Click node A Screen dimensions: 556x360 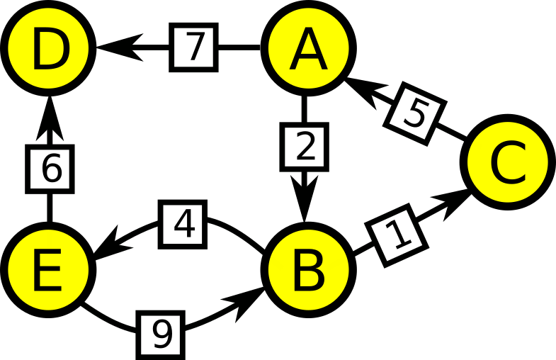pyautogui.click(x=308, y=48)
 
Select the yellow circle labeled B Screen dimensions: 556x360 pyautogui.click(x=308, y=269)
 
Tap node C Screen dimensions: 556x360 pyautogui.click(x=508, y=162)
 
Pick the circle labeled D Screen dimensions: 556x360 pyautogui.click(x=49, y=48)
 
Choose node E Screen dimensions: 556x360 pyautogui.click(x=49, y=269)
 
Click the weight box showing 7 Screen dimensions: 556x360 pyautogui.click(x=193, y=47)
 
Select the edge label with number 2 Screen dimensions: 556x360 pyautogui.click(x=305, y=147)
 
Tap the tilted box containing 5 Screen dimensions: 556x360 pyautogui.click(x=415, y=114)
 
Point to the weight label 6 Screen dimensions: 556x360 pyautogui.click(x=50, y=169)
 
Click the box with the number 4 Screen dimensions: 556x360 pyautogui.click(x=182, y=224)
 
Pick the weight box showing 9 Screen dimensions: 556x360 pyautogui.click(x=161, y=335)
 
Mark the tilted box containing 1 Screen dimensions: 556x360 pyautogui.click(x=397, y=235)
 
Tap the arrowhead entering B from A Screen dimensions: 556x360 pyautogui.click(x=304, y=198)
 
